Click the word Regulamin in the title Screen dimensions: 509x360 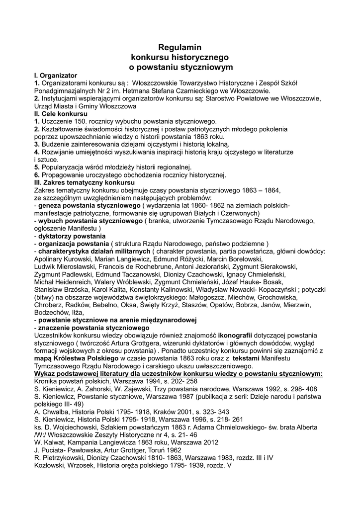click(180, 48)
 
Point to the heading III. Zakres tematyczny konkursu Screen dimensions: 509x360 click(85, 183)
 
